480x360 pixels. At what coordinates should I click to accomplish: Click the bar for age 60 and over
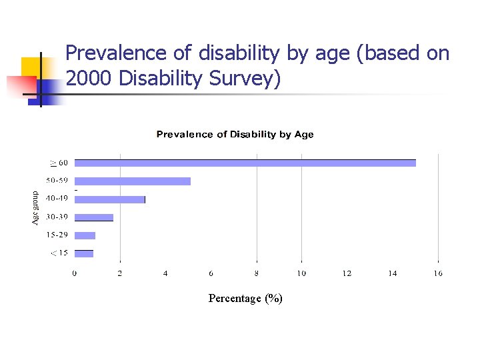click(x=245, y=163)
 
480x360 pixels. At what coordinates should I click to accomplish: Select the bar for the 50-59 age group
click(x=132, y=181)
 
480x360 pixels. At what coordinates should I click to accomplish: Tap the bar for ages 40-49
click(x=109, y=199)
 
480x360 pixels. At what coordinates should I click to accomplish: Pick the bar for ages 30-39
click(x=93, y=217)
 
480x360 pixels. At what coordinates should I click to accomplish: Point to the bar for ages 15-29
click(x=85, y=235)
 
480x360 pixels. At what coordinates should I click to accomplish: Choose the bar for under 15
click(x=83, y=253)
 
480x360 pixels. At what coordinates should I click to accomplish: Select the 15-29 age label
click(x=57, y=235)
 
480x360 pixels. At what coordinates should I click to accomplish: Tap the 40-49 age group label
click(x=57, y=199)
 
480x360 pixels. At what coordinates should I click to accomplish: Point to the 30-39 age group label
click(x=57, y=217)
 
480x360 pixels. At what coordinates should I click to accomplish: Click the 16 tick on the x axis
click(x=437, y=273)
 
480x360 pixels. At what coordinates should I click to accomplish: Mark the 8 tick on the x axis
click(x=257, y=273)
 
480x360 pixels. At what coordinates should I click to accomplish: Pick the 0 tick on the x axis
click(x=75, y=273)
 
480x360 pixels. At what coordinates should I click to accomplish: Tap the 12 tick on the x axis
click(x=347, y=273)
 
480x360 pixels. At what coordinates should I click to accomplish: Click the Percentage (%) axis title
click(x=245, y=299)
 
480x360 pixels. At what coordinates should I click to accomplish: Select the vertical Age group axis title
click(x=35, y=208)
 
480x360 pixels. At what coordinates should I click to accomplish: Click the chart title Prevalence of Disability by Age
click(x=235, y=135)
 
